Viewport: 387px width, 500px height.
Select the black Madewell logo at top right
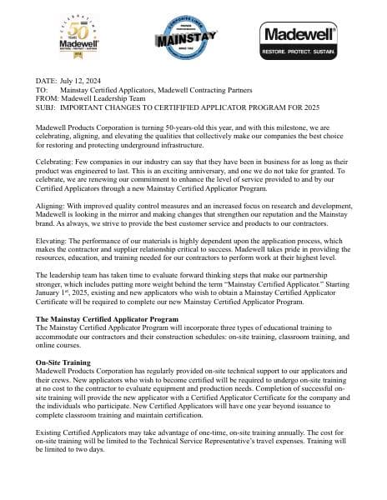[x=299, y=36]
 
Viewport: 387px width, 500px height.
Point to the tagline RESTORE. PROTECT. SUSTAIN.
[x=299, y=52]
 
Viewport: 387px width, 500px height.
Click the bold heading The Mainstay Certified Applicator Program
[x=107, y=319]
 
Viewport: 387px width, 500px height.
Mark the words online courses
[x=59, y=344]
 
